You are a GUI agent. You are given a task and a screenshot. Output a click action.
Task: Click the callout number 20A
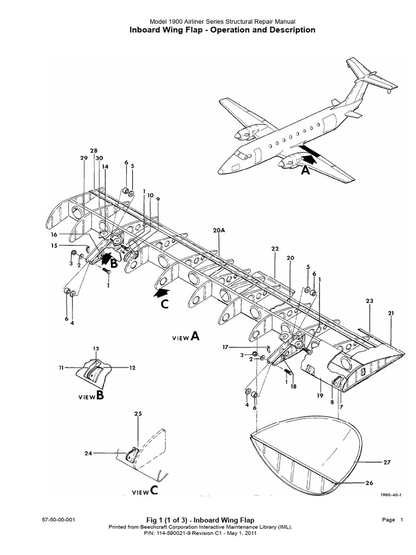(219, 230)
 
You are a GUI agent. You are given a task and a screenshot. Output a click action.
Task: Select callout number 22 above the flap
(275, 248)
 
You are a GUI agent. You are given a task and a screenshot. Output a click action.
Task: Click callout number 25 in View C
(138, 414)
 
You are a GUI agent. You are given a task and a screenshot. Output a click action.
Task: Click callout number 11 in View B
(61, 367)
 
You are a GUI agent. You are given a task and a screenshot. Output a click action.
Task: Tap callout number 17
(225, 347)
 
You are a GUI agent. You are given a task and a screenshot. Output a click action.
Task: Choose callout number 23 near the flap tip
(370, 301)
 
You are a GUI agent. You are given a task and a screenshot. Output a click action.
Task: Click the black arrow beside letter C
(160, 293)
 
